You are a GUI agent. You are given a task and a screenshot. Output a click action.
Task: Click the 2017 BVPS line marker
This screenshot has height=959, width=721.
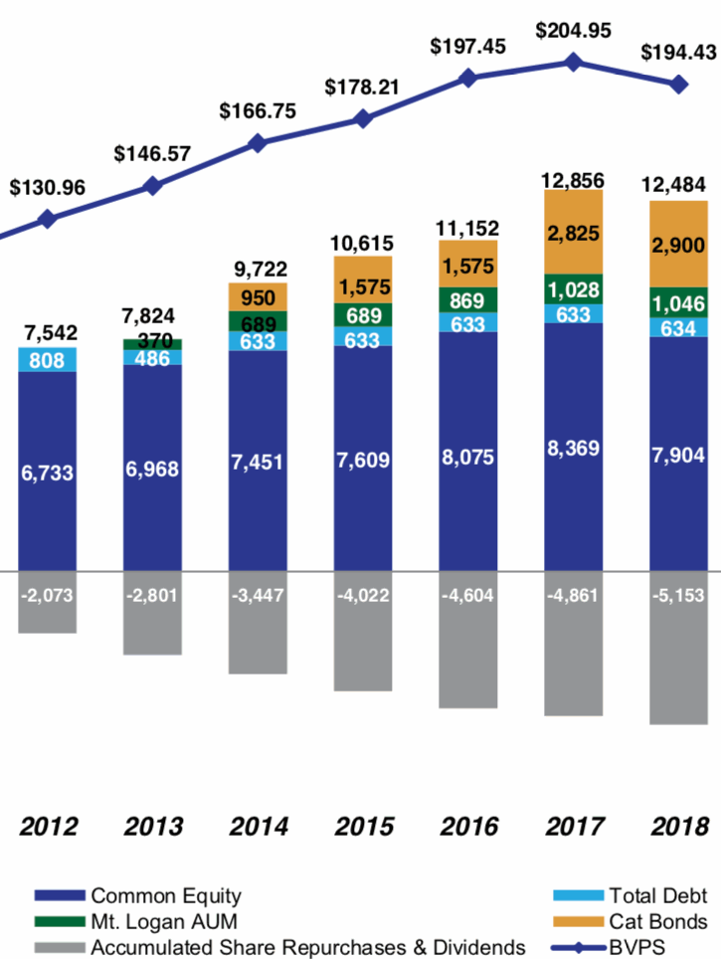click(x=574, y=62)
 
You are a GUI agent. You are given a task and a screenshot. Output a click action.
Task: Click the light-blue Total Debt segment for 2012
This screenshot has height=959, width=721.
click(x=48, y=358)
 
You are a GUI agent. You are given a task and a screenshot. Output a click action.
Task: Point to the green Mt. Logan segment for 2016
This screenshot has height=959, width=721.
click(x=468, y=300)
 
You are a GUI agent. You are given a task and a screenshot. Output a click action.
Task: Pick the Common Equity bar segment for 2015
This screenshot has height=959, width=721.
click(x=363, y=460)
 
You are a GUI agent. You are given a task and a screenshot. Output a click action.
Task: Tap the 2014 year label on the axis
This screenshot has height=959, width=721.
click(x=258, y=827)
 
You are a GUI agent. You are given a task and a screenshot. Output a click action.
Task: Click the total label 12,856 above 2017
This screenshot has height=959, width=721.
click(x=574, y=179)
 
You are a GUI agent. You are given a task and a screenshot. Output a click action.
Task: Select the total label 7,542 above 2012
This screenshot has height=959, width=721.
click(x=48, y=331)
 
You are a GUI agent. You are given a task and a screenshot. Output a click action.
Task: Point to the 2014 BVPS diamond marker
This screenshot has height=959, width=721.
click(x=258, y=143)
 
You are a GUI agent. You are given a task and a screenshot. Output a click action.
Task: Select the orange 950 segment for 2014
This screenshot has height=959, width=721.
click(x=258, y=296)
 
